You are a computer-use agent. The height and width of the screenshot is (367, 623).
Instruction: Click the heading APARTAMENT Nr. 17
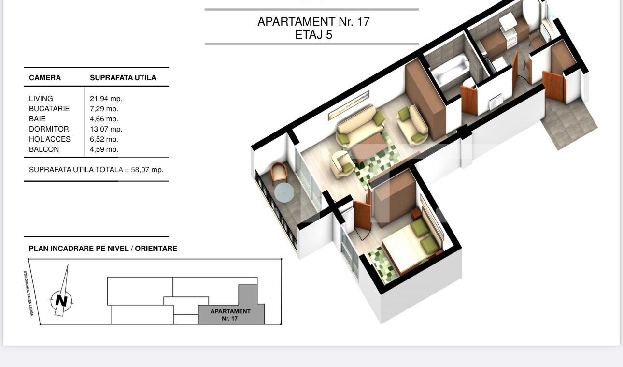[x=313, y=22]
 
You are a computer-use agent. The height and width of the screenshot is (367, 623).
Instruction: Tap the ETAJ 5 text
[x=313, y=35]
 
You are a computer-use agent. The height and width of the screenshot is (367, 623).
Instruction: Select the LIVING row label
[x=41, y=99]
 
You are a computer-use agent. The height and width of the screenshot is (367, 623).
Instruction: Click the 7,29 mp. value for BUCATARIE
[x=104, y=109]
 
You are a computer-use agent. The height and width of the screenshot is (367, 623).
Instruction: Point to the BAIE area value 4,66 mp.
[x=104, y=119]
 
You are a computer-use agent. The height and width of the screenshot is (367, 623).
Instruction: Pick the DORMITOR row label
[x=49, y=129]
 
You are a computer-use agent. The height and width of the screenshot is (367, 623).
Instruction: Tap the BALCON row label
[x=44, y=149]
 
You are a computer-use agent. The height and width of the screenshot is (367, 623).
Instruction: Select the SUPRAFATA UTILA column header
[x=123, y=78]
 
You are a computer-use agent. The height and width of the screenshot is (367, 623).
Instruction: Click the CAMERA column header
[x=45, y=78]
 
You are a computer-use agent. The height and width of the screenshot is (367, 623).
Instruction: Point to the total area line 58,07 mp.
[x=96, y=170]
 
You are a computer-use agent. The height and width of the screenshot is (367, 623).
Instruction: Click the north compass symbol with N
[x=61, y=300]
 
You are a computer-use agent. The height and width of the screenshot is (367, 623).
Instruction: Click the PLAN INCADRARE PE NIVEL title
[x=103, y=249]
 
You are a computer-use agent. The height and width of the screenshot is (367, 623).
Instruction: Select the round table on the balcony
[x=284, y=192]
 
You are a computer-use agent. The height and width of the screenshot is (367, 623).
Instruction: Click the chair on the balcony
[x=279, y=172]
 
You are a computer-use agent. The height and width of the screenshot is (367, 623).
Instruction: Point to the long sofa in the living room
[x=357, y=127]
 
